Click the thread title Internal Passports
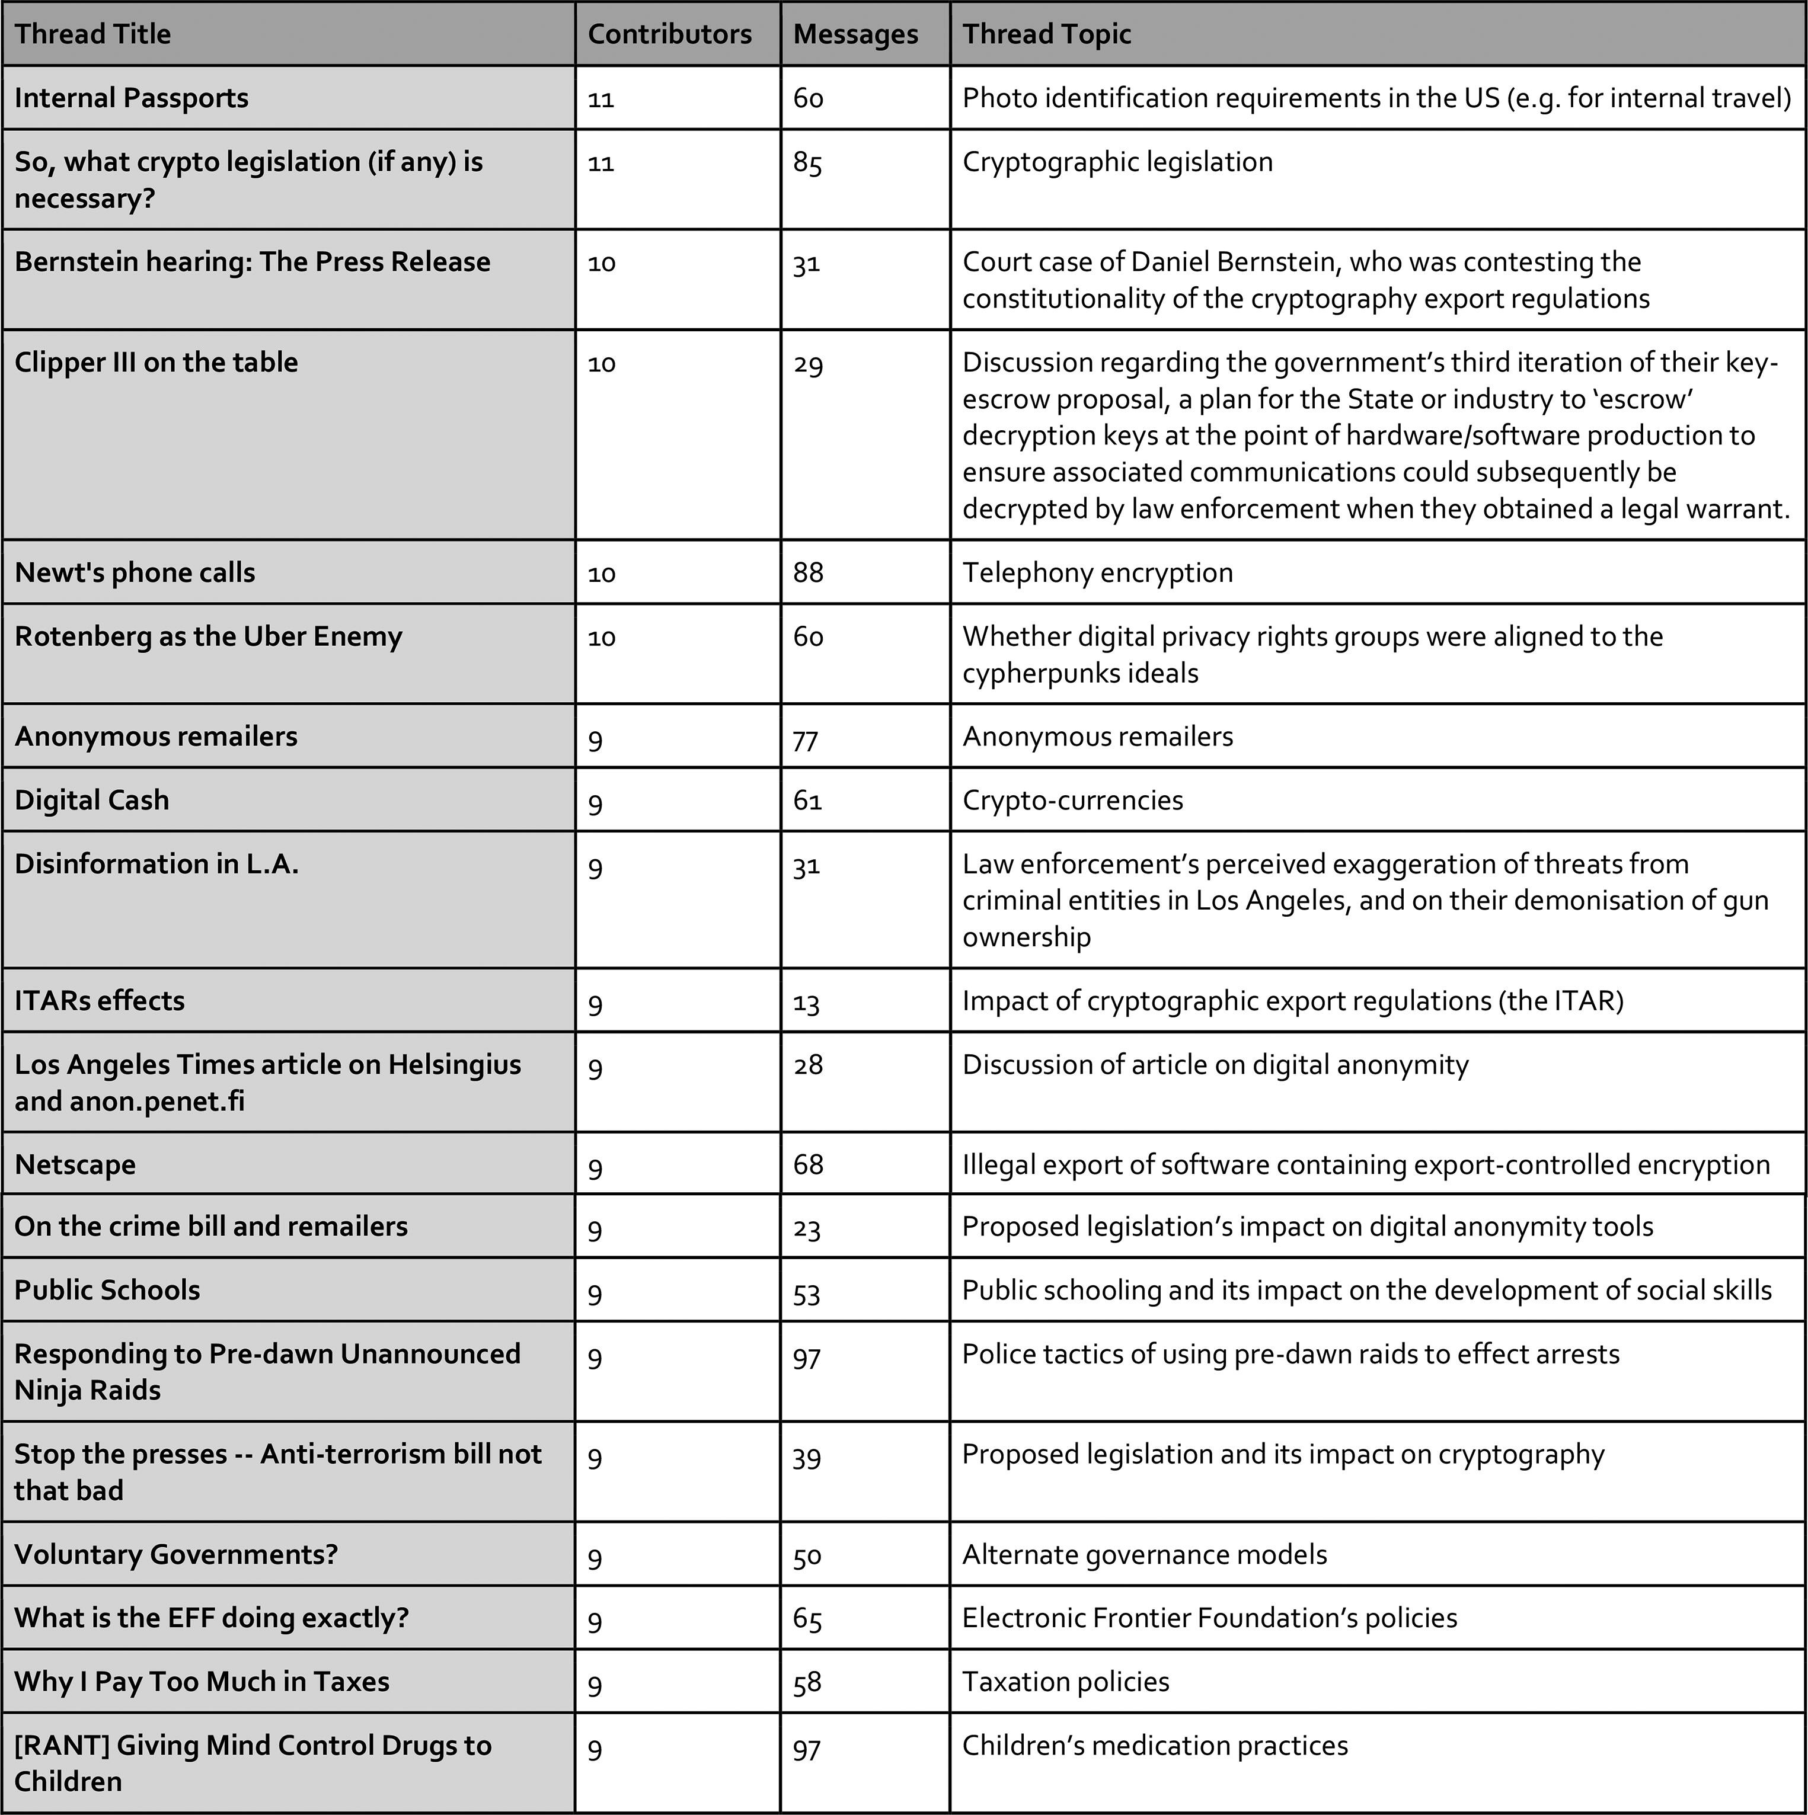click(132, 98)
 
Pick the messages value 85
click(807, 164)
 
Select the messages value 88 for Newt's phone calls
click(807, 573)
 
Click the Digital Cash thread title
click(92, 801)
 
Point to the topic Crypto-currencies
click(1072, 801)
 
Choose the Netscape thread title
click(75, 1165)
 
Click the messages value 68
click(807, 1165)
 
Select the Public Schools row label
click(107, 1291)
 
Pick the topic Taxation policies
click(1066, 1682)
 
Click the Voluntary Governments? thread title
click(175, 1555)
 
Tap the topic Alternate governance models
click(1145, 1555)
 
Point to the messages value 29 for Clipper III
click(807, 364)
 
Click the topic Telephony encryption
click(1098, 573)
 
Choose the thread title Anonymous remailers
click(156, 737)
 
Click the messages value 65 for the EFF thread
click(807, 1619)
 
